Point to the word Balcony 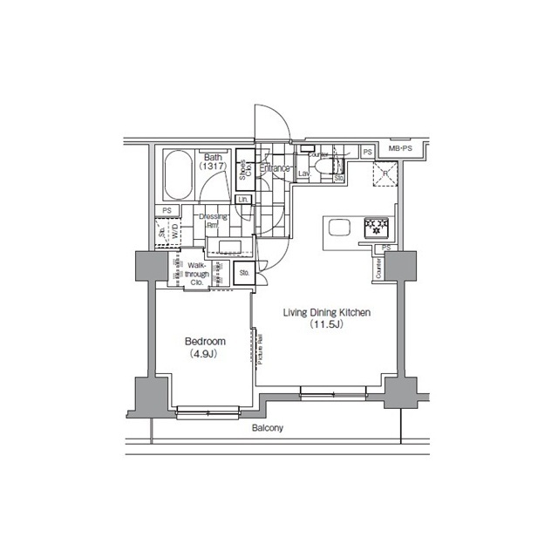tap(268, 429)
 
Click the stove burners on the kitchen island tap(377, 227)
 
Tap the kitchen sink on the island tap(338, 228)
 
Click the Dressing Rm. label tap(214, 221)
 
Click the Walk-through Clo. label tap(196, 272)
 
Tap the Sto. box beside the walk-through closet tap(244, 274)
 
